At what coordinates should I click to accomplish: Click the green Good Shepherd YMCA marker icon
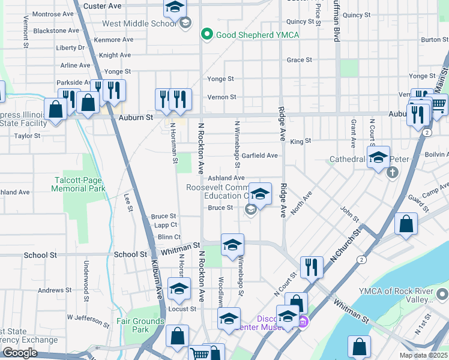(x=208, y=35)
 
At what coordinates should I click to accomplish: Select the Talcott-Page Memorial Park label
(x=78, y=184)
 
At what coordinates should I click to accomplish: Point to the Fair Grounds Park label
(x=140, y=325)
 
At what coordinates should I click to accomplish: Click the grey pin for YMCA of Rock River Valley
(x=442, y=295)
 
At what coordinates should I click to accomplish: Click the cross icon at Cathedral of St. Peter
(x=393, y=173)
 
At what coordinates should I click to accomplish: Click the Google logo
(x=20, y=353)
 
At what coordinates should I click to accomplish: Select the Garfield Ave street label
(x=259, y=155)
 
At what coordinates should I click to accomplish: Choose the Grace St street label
(x=299, y=60)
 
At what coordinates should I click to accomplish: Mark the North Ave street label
(x=301, y=203)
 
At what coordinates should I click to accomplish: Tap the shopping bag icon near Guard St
(x=406, y=224)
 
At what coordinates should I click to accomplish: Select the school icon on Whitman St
(x=232, y=245)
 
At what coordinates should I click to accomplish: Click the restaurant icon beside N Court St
(x=310, y=267)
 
